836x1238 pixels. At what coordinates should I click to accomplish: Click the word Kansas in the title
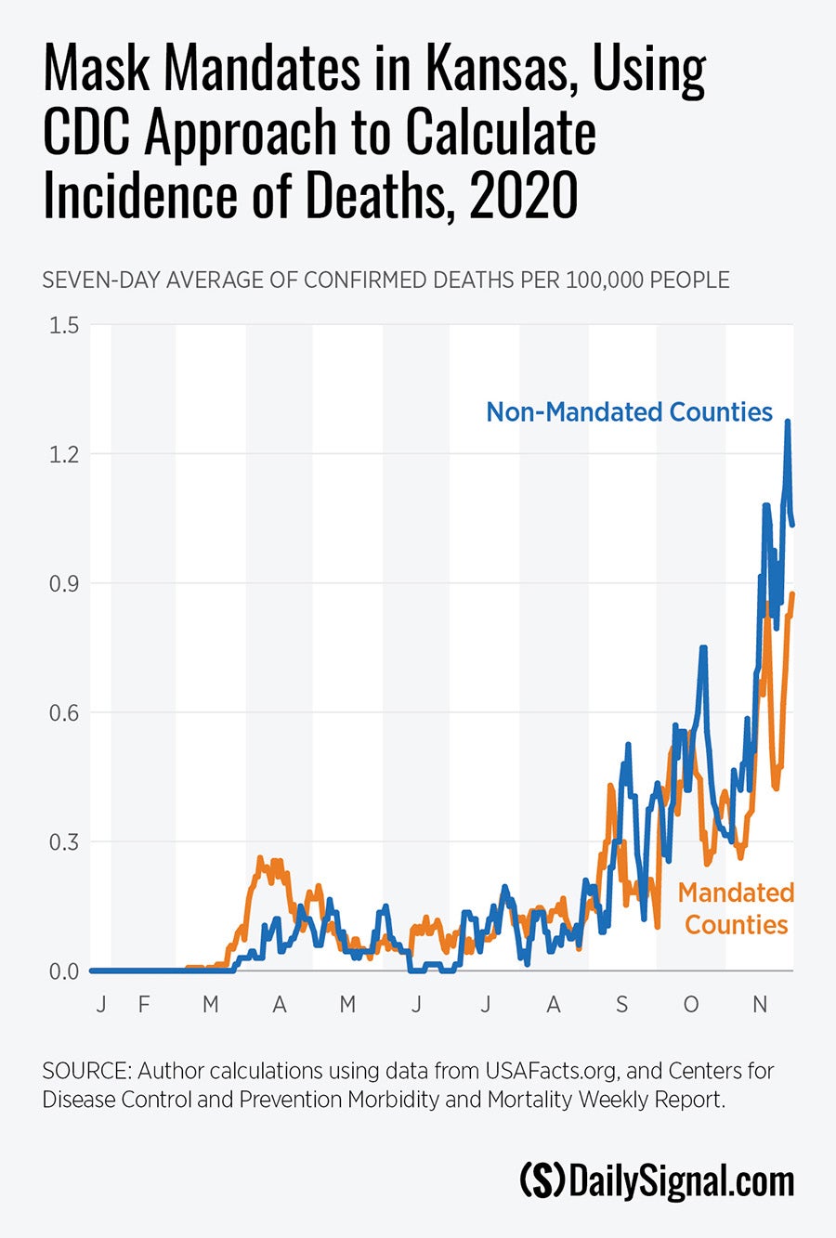click(501, 70)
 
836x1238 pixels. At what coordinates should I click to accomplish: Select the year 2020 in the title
click(523, 196)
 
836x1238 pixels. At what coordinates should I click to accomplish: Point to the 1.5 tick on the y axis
click(64, 325)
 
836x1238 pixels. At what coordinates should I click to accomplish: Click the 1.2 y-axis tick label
click(64, 454)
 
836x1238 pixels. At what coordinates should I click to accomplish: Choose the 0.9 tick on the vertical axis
click(64, 583)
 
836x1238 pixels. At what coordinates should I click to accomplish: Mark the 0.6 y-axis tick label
click(64, 712)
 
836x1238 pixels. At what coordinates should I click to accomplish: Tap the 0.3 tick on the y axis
click(64, 841)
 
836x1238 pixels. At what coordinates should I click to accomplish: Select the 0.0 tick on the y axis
click(64, 971)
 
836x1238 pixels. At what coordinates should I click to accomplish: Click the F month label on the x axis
click(144, 1004)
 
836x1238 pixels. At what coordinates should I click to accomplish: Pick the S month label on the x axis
click(621, 1004)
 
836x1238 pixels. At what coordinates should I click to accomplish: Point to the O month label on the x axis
click(691, 1004)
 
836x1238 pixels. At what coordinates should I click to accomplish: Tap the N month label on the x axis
click(760, 1004)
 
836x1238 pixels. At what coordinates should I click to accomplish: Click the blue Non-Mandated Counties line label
click(629, 412)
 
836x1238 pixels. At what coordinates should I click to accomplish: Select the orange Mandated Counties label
click(736, 908)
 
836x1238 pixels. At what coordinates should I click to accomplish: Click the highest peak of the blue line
click(788, 422)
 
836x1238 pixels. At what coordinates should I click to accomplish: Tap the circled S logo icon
click(542, 1180)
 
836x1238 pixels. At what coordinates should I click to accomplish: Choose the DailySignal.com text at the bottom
click(681, 1180)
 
